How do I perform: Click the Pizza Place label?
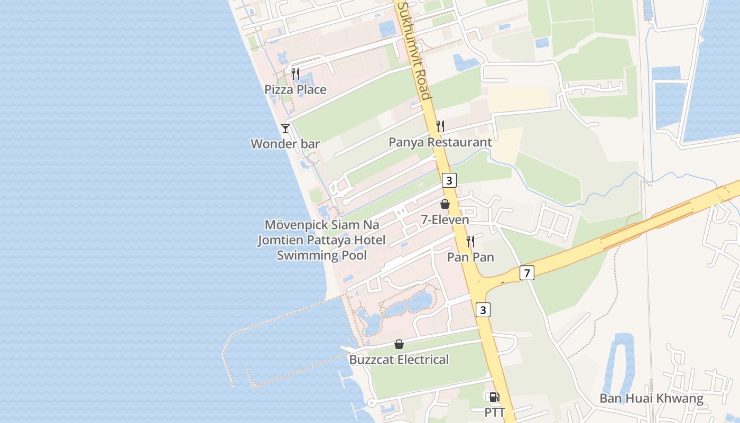(x=295, y=89)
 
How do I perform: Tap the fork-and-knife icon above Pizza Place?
(x=295, y=74)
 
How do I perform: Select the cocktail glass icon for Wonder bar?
(x=285, y=128)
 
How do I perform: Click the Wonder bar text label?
(x=285, y=144)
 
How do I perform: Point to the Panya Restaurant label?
(x=440, y=142)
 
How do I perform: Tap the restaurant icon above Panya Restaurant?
(x=440, y=126)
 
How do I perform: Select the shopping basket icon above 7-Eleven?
(x=445, y=204)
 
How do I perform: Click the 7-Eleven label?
(x=445, y=219)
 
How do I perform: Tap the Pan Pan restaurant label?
(x=470, y=258)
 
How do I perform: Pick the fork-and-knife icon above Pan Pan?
(x=470, y=242)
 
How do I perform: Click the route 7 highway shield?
(x=526, y=273)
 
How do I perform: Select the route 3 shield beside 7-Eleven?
(x=449, y=180)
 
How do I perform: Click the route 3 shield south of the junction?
(x=483, y=309)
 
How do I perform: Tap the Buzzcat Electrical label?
(x=399, y=360)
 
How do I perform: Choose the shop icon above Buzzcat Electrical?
(x=399, y=344)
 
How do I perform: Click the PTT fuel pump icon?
(x=494, y=397)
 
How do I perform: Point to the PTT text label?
(x=495, y=412)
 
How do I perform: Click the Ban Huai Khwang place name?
(x=651, y=399)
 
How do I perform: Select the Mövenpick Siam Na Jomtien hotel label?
(x=322, y=240)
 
